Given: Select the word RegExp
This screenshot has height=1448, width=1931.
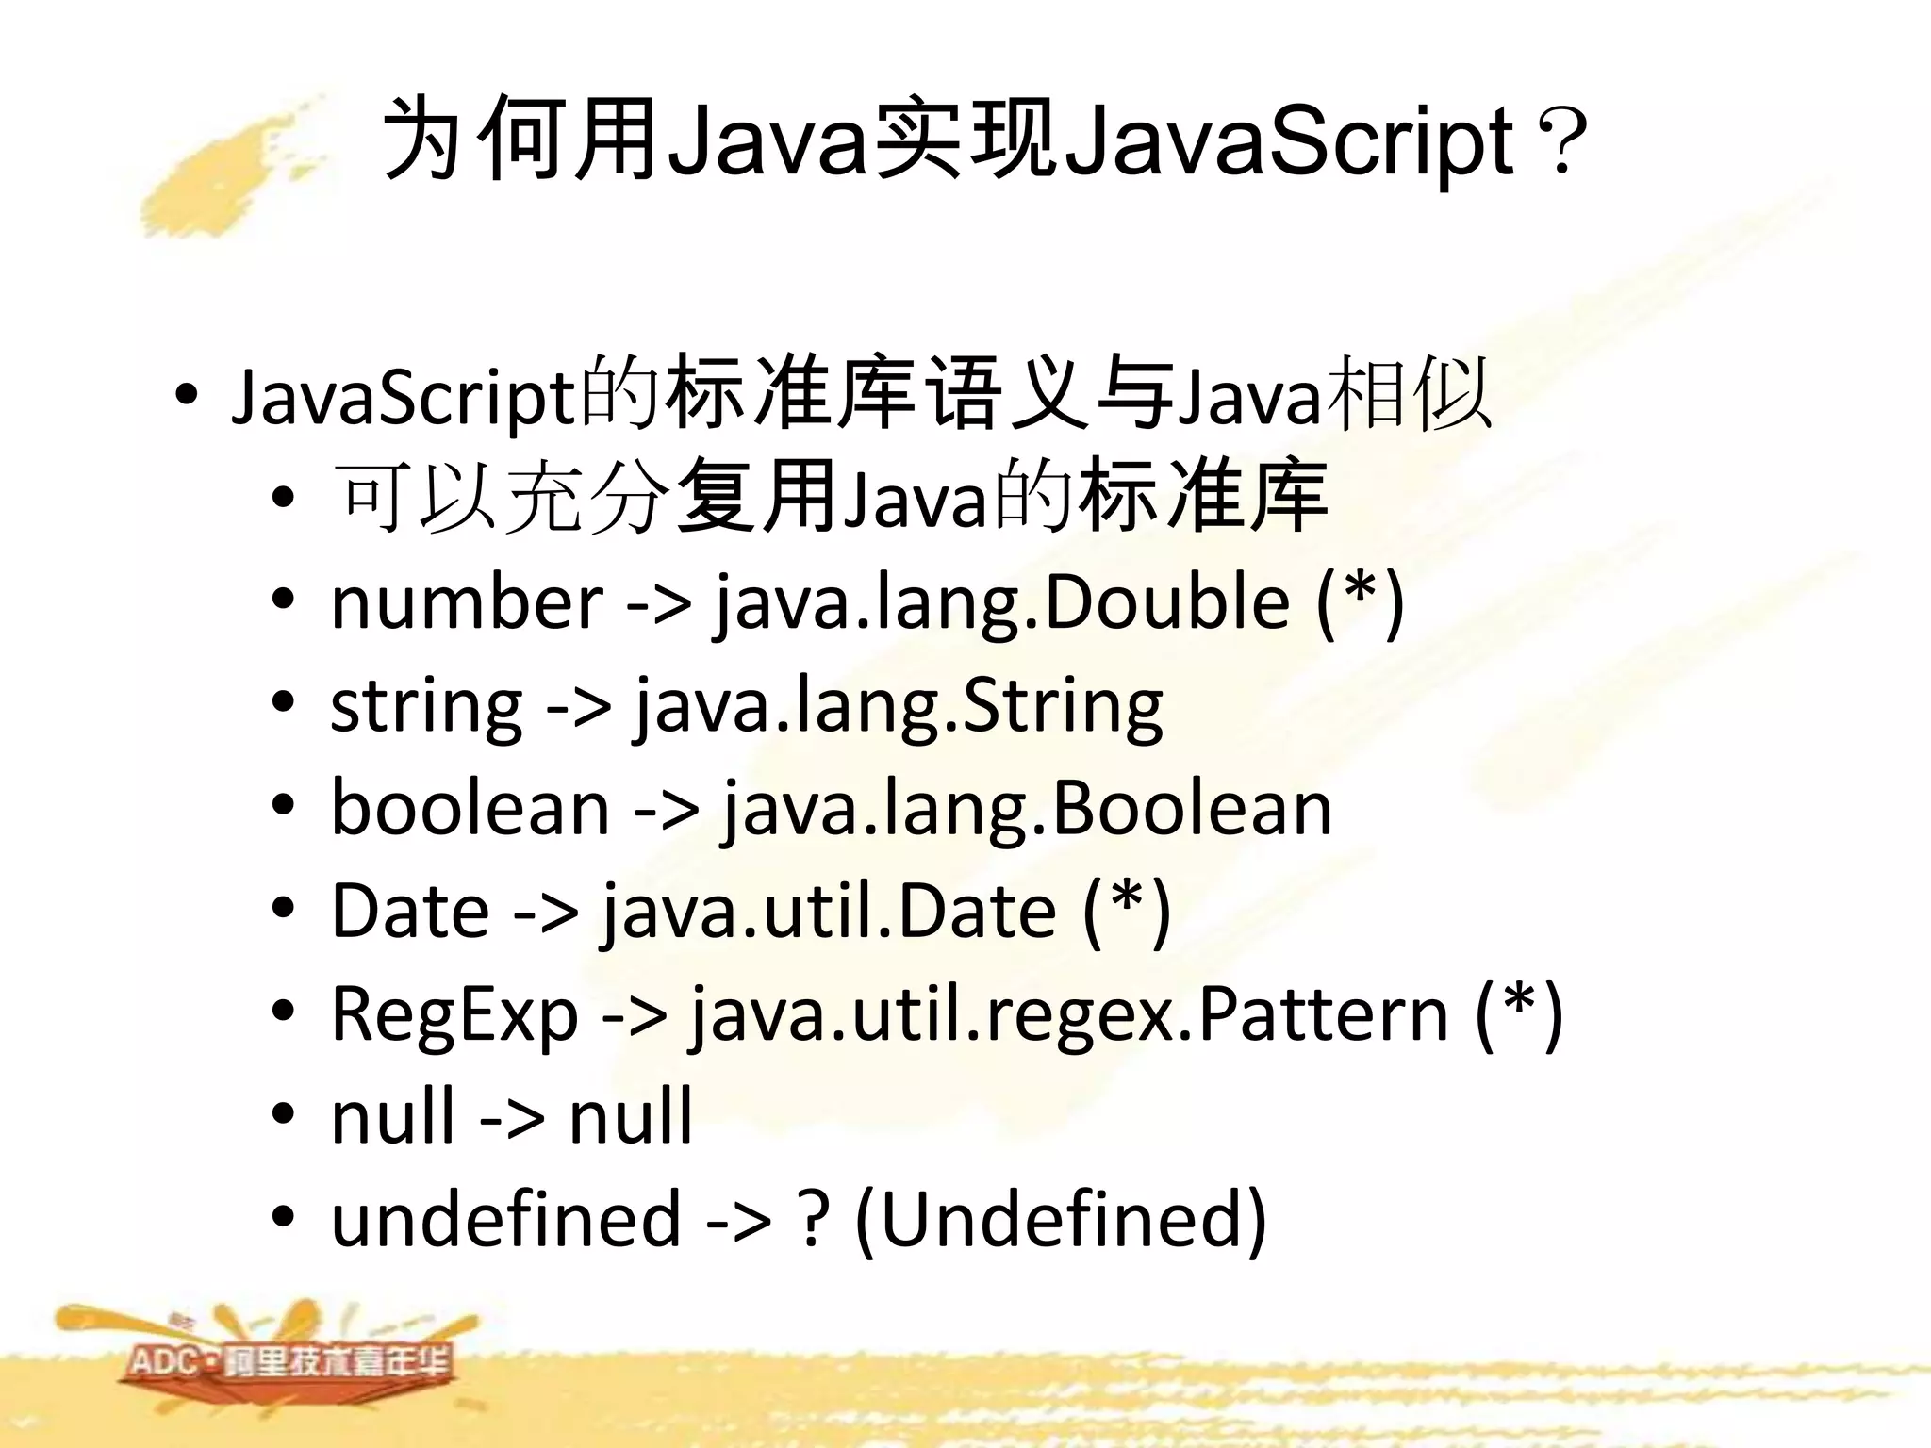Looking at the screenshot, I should (454, 1014).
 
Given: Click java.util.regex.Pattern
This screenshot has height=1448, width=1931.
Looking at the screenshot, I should (1069, 1014).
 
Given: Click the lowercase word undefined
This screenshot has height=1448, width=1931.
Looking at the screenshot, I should (505, 1218).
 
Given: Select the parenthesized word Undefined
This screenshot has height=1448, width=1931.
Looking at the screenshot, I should (1061, 1218).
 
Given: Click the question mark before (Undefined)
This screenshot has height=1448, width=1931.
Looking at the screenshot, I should (813, 1218).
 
